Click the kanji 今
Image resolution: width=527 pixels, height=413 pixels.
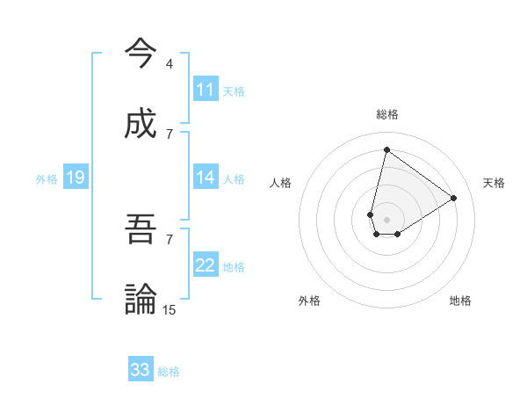141,54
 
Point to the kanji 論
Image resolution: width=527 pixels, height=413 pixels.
141,300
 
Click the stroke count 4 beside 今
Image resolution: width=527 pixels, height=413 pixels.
169,64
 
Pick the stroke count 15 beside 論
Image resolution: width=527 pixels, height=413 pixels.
170,309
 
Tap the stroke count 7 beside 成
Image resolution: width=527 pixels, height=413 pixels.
169,134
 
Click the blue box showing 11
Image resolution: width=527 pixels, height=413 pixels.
206,90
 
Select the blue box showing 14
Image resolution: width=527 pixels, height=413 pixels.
206,178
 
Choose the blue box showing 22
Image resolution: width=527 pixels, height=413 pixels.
206,265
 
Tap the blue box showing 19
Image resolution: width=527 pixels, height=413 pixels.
75,178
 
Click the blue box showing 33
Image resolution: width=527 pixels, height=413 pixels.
141,370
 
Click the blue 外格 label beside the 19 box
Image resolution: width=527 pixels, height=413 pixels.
47,179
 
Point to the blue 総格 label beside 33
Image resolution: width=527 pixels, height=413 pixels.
169,372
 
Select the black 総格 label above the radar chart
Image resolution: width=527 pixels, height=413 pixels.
387,114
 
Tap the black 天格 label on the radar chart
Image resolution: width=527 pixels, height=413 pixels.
494,183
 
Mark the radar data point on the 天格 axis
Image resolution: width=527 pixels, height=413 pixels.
454,199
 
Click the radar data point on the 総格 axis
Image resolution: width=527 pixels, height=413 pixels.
386,149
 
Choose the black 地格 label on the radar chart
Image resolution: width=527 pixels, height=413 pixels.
460,301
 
